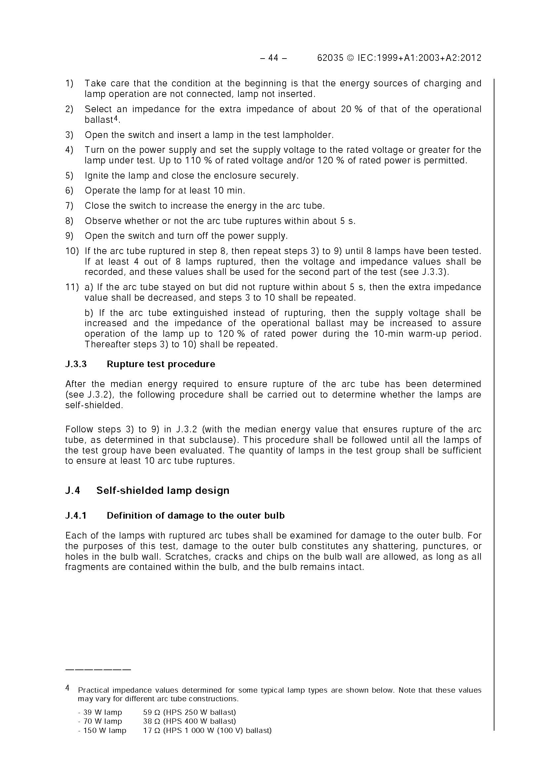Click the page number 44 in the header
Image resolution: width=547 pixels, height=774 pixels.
tap(273, 58)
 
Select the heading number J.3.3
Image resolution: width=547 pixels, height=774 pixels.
tap(76, 364)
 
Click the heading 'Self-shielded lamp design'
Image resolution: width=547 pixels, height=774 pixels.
tap(163, 490)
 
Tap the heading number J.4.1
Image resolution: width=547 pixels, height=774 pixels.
tap(76, 515)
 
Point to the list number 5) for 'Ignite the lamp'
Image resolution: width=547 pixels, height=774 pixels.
tap(69, 176)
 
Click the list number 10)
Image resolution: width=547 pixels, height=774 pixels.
tap(72, 251)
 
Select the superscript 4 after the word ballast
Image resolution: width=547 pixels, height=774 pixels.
tap(116, 118)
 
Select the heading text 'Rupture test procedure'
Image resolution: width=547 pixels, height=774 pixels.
tap(161, 364)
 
